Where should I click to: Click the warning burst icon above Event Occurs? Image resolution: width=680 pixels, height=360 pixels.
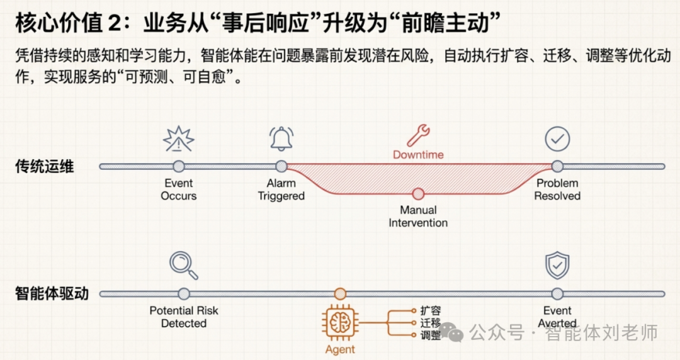coord(179,139)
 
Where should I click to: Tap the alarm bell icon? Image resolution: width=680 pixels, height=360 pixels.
coord(281,138)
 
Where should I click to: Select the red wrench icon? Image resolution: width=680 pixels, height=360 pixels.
coord(418,135)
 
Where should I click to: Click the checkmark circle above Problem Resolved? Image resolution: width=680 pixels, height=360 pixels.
coord(557,139)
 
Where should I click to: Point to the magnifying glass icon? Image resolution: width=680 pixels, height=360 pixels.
coord(184,266)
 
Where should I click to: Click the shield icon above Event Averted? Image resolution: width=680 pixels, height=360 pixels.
coord(557,266)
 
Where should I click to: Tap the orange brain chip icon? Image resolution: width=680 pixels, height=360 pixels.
coord(340,322)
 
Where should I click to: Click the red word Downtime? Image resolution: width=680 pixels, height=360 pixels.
coord(418,155)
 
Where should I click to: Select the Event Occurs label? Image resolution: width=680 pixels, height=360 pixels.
coord(179,189)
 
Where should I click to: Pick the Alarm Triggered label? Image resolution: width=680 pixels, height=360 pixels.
coord(281,189)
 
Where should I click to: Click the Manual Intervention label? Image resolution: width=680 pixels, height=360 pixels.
coord(418,216)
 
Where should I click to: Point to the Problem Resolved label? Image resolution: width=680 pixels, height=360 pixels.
coord(557,189)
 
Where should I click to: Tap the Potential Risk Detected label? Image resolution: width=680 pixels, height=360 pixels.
coord(184,317)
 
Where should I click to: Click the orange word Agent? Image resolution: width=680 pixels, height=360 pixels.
coord(340,349)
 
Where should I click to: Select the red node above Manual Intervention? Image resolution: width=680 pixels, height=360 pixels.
coord(418,194)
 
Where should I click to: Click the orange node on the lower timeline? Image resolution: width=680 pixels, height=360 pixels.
coord(340,293)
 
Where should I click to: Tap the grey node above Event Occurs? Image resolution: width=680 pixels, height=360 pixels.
coord(179,166)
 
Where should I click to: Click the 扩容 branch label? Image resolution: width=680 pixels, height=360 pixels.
coord(431,310)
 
